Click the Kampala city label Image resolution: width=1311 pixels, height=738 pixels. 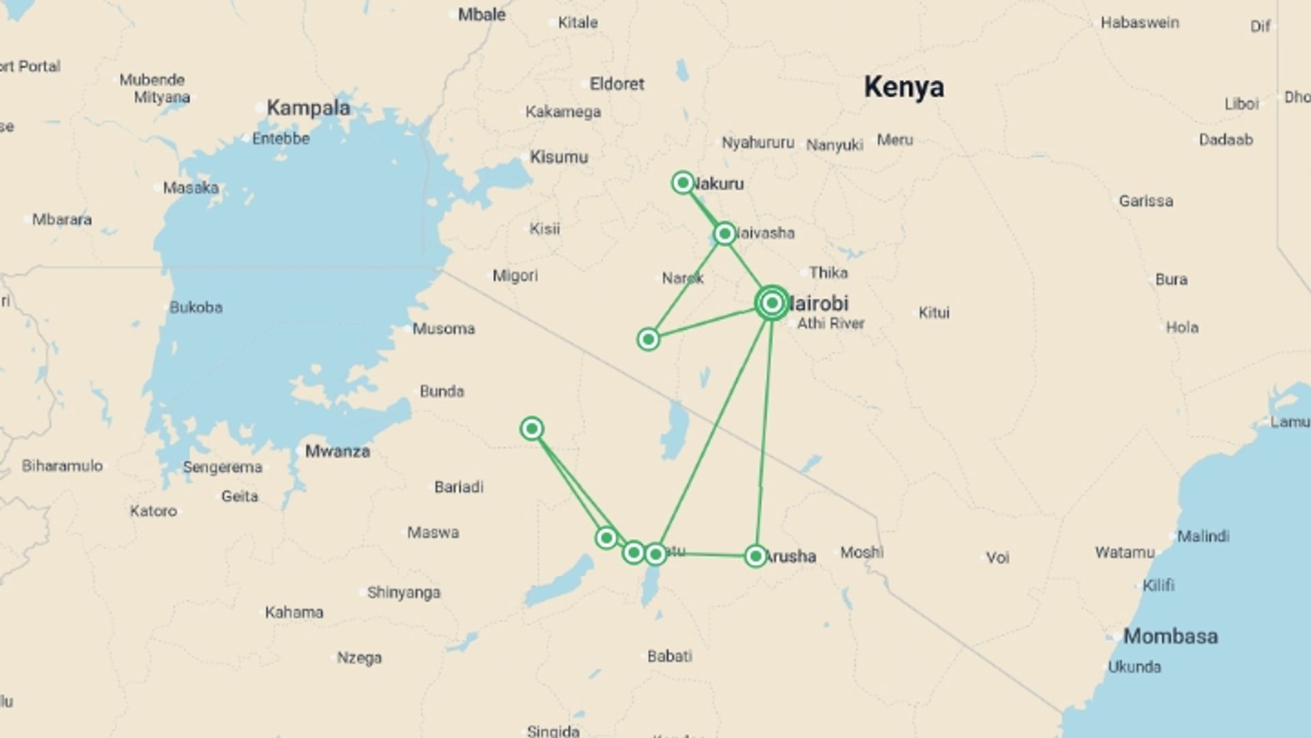[x=308, y=108]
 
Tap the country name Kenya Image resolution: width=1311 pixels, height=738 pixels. [x=903, y=87]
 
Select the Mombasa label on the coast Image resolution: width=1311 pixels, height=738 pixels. [x=1170, y=636]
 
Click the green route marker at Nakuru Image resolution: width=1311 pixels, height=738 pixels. [x=683, y=182]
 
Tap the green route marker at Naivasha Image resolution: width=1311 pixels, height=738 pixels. [x=724, y=234]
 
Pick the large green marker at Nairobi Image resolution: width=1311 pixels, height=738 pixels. [x=772, y=302]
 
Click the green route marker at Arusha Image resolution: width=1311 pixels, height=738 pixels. [x=755, y=556]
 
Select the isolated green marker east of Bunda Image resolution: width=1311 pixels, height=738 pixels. [x=532, y=428]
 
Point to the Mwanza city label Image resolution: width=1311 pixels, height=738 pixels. [x=337, y=451]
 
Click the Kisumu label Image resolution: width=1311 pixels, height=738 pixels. [x=559, y=157]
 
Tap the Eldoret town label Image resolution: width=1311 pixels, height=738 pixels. [x=617, y=84]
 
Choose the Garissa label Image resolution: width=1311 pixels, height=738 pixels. [x=1146, y=201]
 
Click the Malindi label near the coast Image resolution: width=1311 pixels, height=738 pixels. [x=1203, y=536]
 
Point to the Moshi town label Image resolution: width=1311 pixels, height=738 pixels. [x=862, y=552]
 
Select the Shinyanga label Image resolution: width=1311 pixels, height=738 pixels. [x=404, y=592]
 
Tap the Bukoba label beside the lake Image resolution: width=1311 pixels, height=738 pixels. [x=196, y=307]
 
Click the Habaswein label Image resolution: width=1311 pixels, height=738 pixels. [x=1140, y=23]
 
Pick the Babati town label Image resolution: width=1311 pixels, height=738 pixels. [x=669, y=656]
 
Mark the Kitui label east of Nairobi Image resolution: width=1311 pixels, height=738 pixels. [x=933, y=313]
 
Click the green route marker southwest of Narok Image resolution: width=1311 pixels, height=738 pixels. [x=648, y=339]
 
